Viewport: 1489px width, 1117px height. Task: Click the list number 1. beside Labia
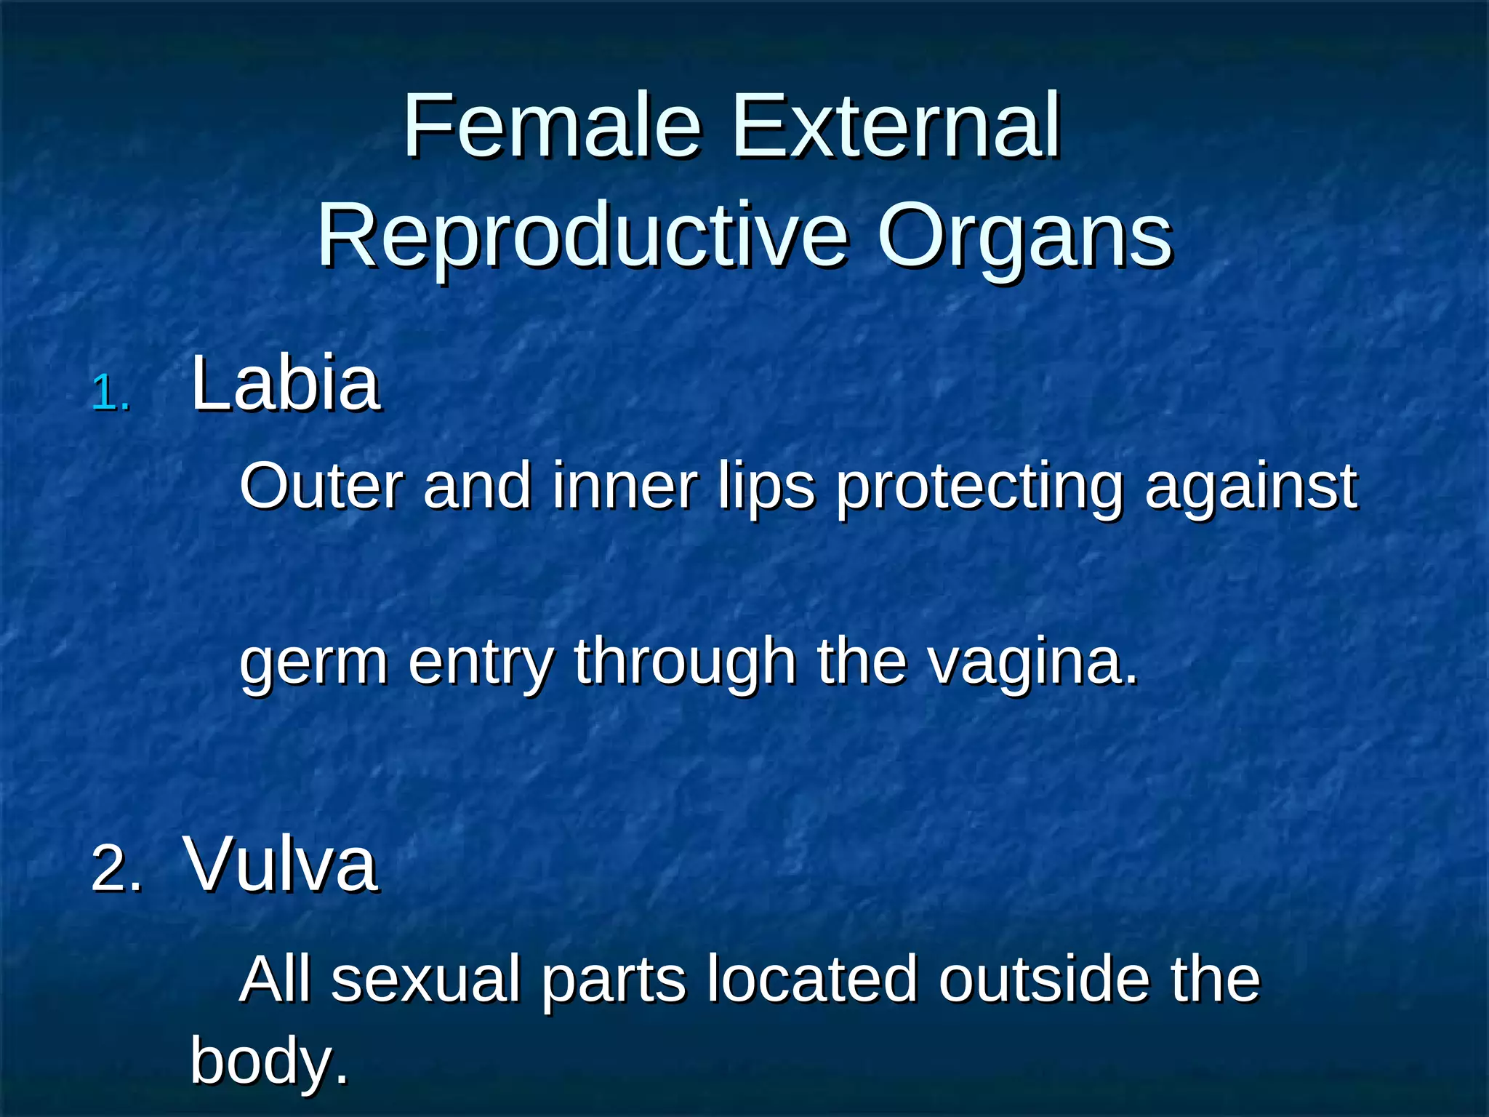pos(111,395)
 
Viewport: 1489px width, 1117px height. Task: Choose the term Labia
pos(284,383)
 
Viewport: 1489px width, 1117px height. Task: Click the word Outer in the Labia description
pos(321,486)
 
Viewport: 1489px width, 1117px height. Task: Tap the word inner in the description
pos(624,486)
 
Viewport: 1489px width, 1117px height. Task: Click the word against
pos(1251,486)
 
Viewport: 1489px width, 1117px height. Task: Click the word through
pos(684,662)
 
